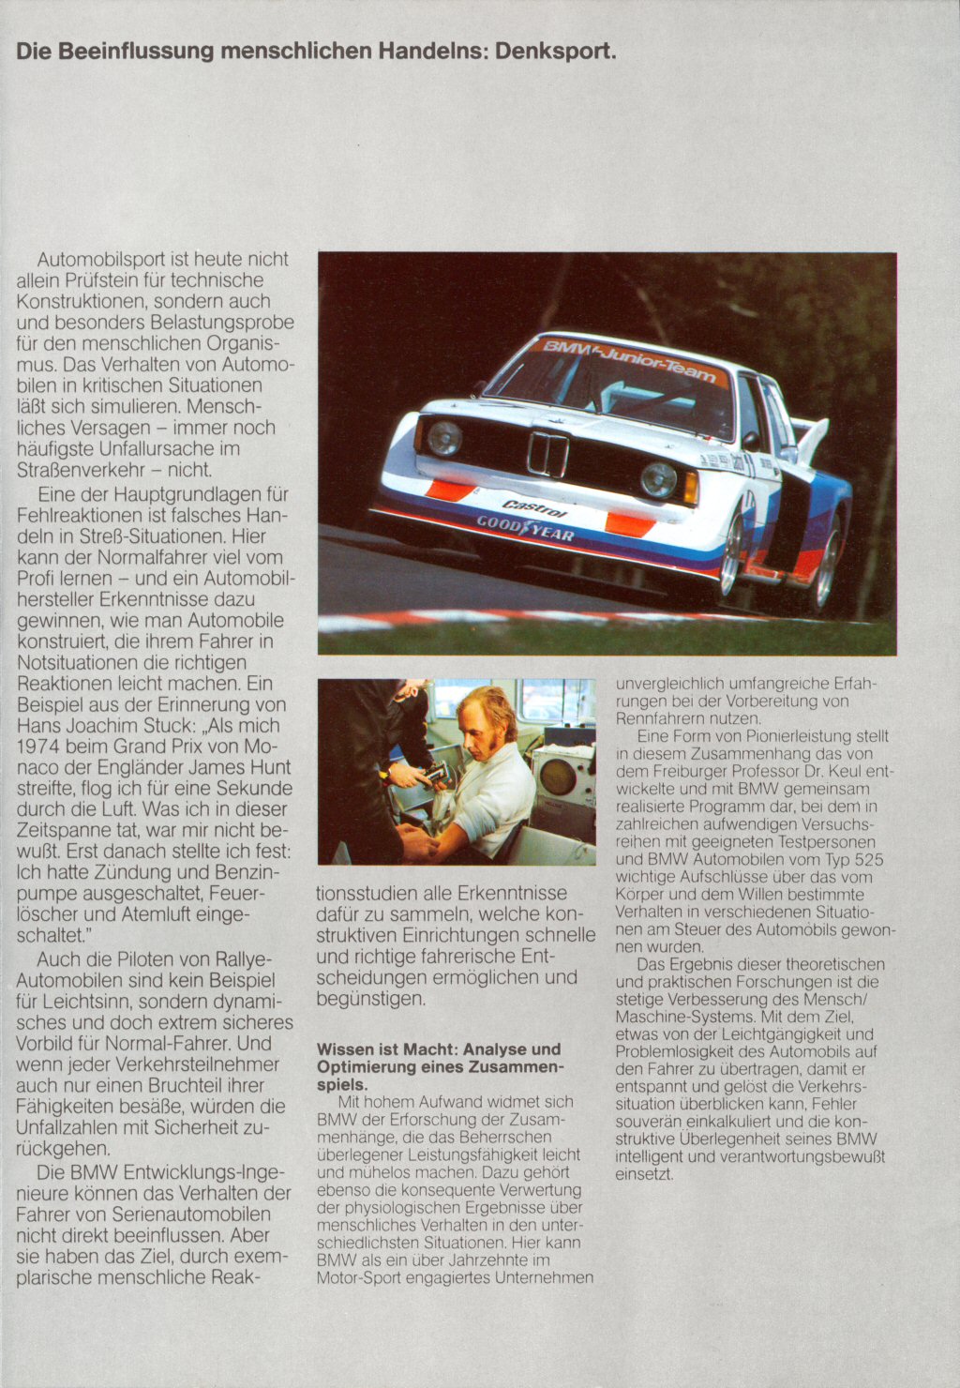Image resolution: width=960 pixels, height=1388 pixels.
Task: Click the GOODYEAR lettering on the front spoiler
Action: pos(525,528)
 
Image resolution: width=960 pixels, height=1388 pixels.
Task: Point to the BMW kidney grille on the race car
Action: pos(547,455)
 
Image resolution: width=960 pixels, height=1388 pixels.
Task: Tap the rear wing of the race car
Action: pos(812,436)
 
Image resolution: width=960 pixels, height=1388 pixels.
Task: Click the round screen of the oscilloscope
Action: pos(558,776)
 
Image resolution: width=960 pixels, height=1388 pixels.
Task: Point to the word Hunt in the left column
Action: pos(270,767)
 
